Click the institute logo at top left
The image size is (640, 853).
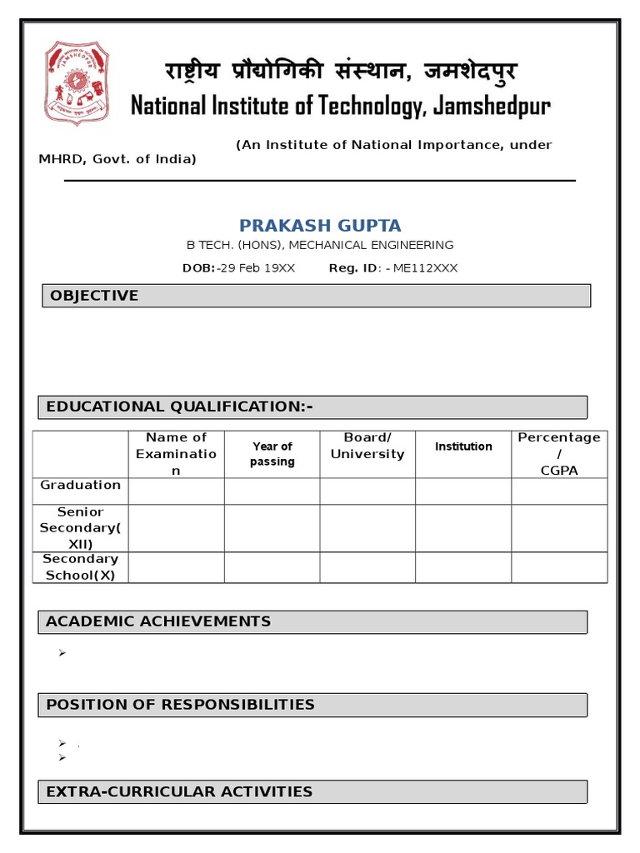[x=77, y=83]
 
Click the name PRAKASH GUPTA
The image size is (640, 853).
[x=320, y=225]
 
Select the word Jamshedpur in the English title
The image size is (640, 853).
[x=491, y=107]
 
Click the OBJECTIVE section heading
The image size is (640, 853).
[x=94, y=296]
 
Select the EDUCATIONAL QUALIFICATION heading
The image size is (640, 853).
[x=179, y=407]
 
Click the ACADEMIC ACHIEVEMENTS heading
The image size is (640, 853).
[x=158, y=621]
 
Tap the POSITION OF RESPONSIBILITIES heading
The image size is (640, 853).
[x=180, y=705]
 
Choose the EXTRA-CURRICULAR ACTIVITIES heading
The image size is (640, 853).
[x=179, y=791]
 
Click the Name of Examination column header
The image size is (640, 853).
[x=176, y=454]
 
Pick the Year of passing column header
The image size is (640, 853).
[x=272, y=454]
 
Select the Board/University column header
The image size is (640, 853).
[x=367, y=446]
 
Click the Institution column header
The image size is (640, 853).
[x=463, y=446]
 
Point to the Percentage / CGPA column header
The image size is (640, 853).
[x=559, y=454]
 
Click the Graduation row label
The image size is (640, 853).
[x=81, y=485]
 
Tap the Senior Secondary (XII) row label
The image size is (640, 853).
[x=81, y=527]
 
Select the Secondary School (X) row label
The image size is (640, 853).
[x=81, y=566]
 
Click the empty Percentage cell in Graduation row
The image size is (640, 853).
[x=559, y=491]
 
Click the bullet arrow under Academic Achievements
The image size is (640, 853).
[x=62, y=653]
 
